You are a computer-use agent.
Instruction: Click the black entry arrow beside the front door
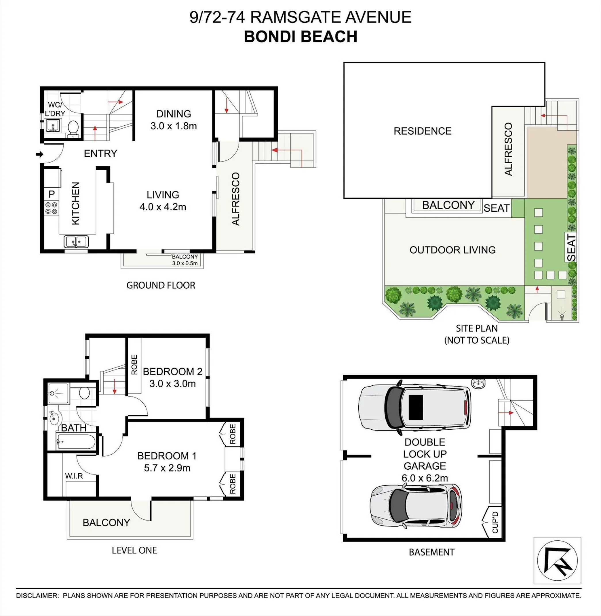point(39,154)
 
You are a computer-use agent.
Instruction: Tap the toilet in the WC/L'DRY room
point(73,128)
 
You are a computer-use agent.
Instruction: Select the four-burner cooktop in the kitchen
point(52,208)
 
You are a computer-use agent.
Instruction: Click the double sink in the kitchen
point(76,242)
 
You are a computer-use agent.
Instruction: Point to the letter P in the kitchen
point(52,194)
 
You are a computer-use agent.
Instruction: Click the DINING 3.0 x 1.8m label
point(174,120)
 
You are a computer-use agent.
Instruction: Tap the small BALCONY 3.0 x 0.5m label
point(185,260)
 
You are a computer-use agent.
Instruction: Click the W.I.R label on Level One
point(74,476)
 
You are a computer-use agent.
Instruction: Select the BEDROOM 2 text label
point(172,372)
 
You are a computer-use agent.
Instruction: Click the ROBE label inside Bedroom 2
point(134,365)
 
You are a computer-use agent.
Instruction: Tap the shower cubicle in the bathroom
point(58,393)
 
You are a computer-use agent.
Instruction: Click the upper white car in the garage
point(414,408)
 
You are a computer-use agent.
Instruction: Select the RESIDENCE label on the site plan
point(422,131)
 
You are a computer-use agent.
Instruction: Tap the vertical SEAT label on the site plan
point(571,248)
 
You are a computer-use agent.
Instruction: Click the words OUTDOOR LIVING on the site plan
point(452,250)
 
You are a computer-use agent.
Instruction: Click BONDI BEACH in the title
point(300,37)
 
